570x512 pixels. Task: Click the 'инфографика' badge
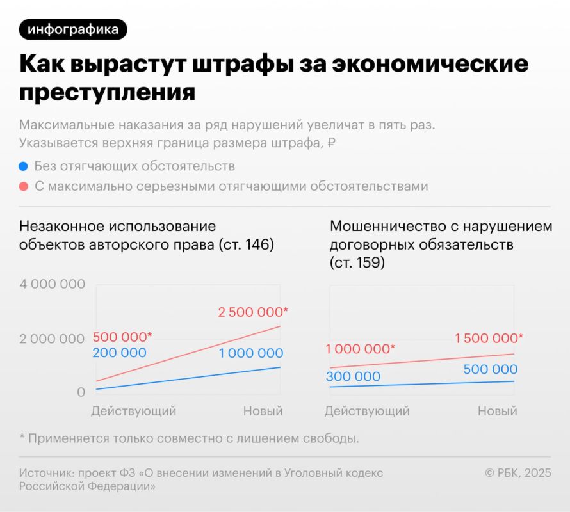(x=73, y=29)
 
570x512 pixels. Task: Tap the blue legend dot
(x=24, y=166)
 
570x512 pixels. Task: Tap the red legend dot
(x=24, y=187)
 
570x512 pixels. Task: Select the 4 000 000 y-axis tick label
(x=52, y=284)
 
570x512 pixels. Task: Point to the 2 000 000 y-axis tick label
(x=52, y=339)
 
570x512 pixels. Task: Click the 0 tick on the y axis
(x=81, y=392)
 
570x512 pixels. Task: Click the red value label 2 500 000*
(x=253, y=312)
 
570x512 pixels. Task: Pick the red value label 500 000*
(x=122, y=337)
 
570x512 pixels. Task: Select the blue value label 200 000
(x=119, y=353)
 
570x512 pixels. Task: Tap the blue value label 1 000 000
(x=250, y=353)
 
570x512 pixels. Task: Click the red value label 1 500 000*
(x=489, y=338)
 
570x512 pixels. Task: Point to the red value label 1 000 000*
(x=360, y=349)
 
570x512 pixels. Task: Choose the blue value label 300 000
(x=353, y=376)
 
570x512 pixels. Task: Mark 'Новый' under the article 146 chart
(x=263, y=411)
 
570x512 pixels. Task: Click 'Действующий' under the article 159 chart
(x=367, y=411)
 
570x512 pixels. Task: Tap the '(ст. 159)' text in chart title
(x=357, y=262)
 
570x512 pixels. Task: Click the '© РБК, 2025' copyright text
(x=517, y=473)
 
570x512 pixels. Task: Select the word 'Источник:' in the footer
(x=46, y=473)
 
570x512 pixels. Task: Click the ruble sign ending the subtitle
(x=331, y=143)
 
